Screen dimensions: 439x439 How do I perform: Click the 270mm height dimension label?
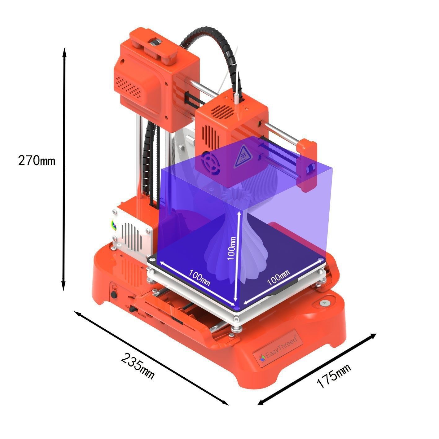[x=37, y=160]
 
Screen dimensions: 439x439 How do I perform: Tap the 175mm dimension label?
[x=334, y=376]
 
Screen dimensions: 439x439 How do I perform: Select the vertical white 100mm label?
[x=232, y=248]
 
